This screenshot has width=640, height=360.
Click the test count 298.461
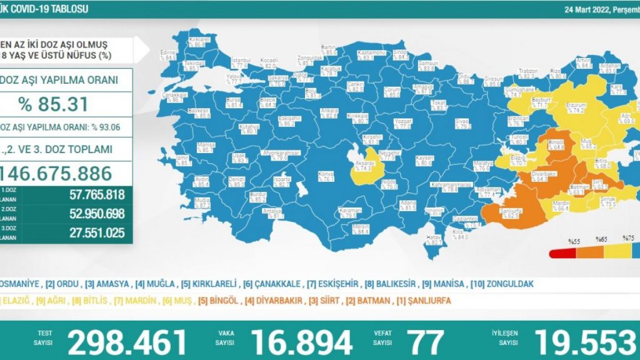click(x=127, y=342)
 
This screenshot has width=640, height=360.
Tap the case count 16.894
click(x=302, y=342)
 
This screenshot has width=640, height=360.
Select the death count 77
click(x=425, y=342)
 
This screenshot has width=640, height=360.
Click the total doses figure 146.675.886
click(x=56, y=172)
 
